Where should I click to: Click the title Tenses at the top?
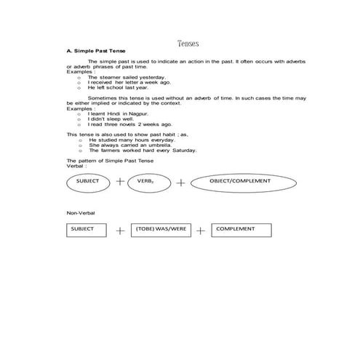188,44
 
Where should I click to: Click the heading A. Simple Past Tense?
92,52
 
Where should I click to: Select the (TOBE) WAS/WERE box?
161,230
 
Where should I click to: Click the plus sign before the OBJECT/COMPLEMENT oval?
180,182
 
